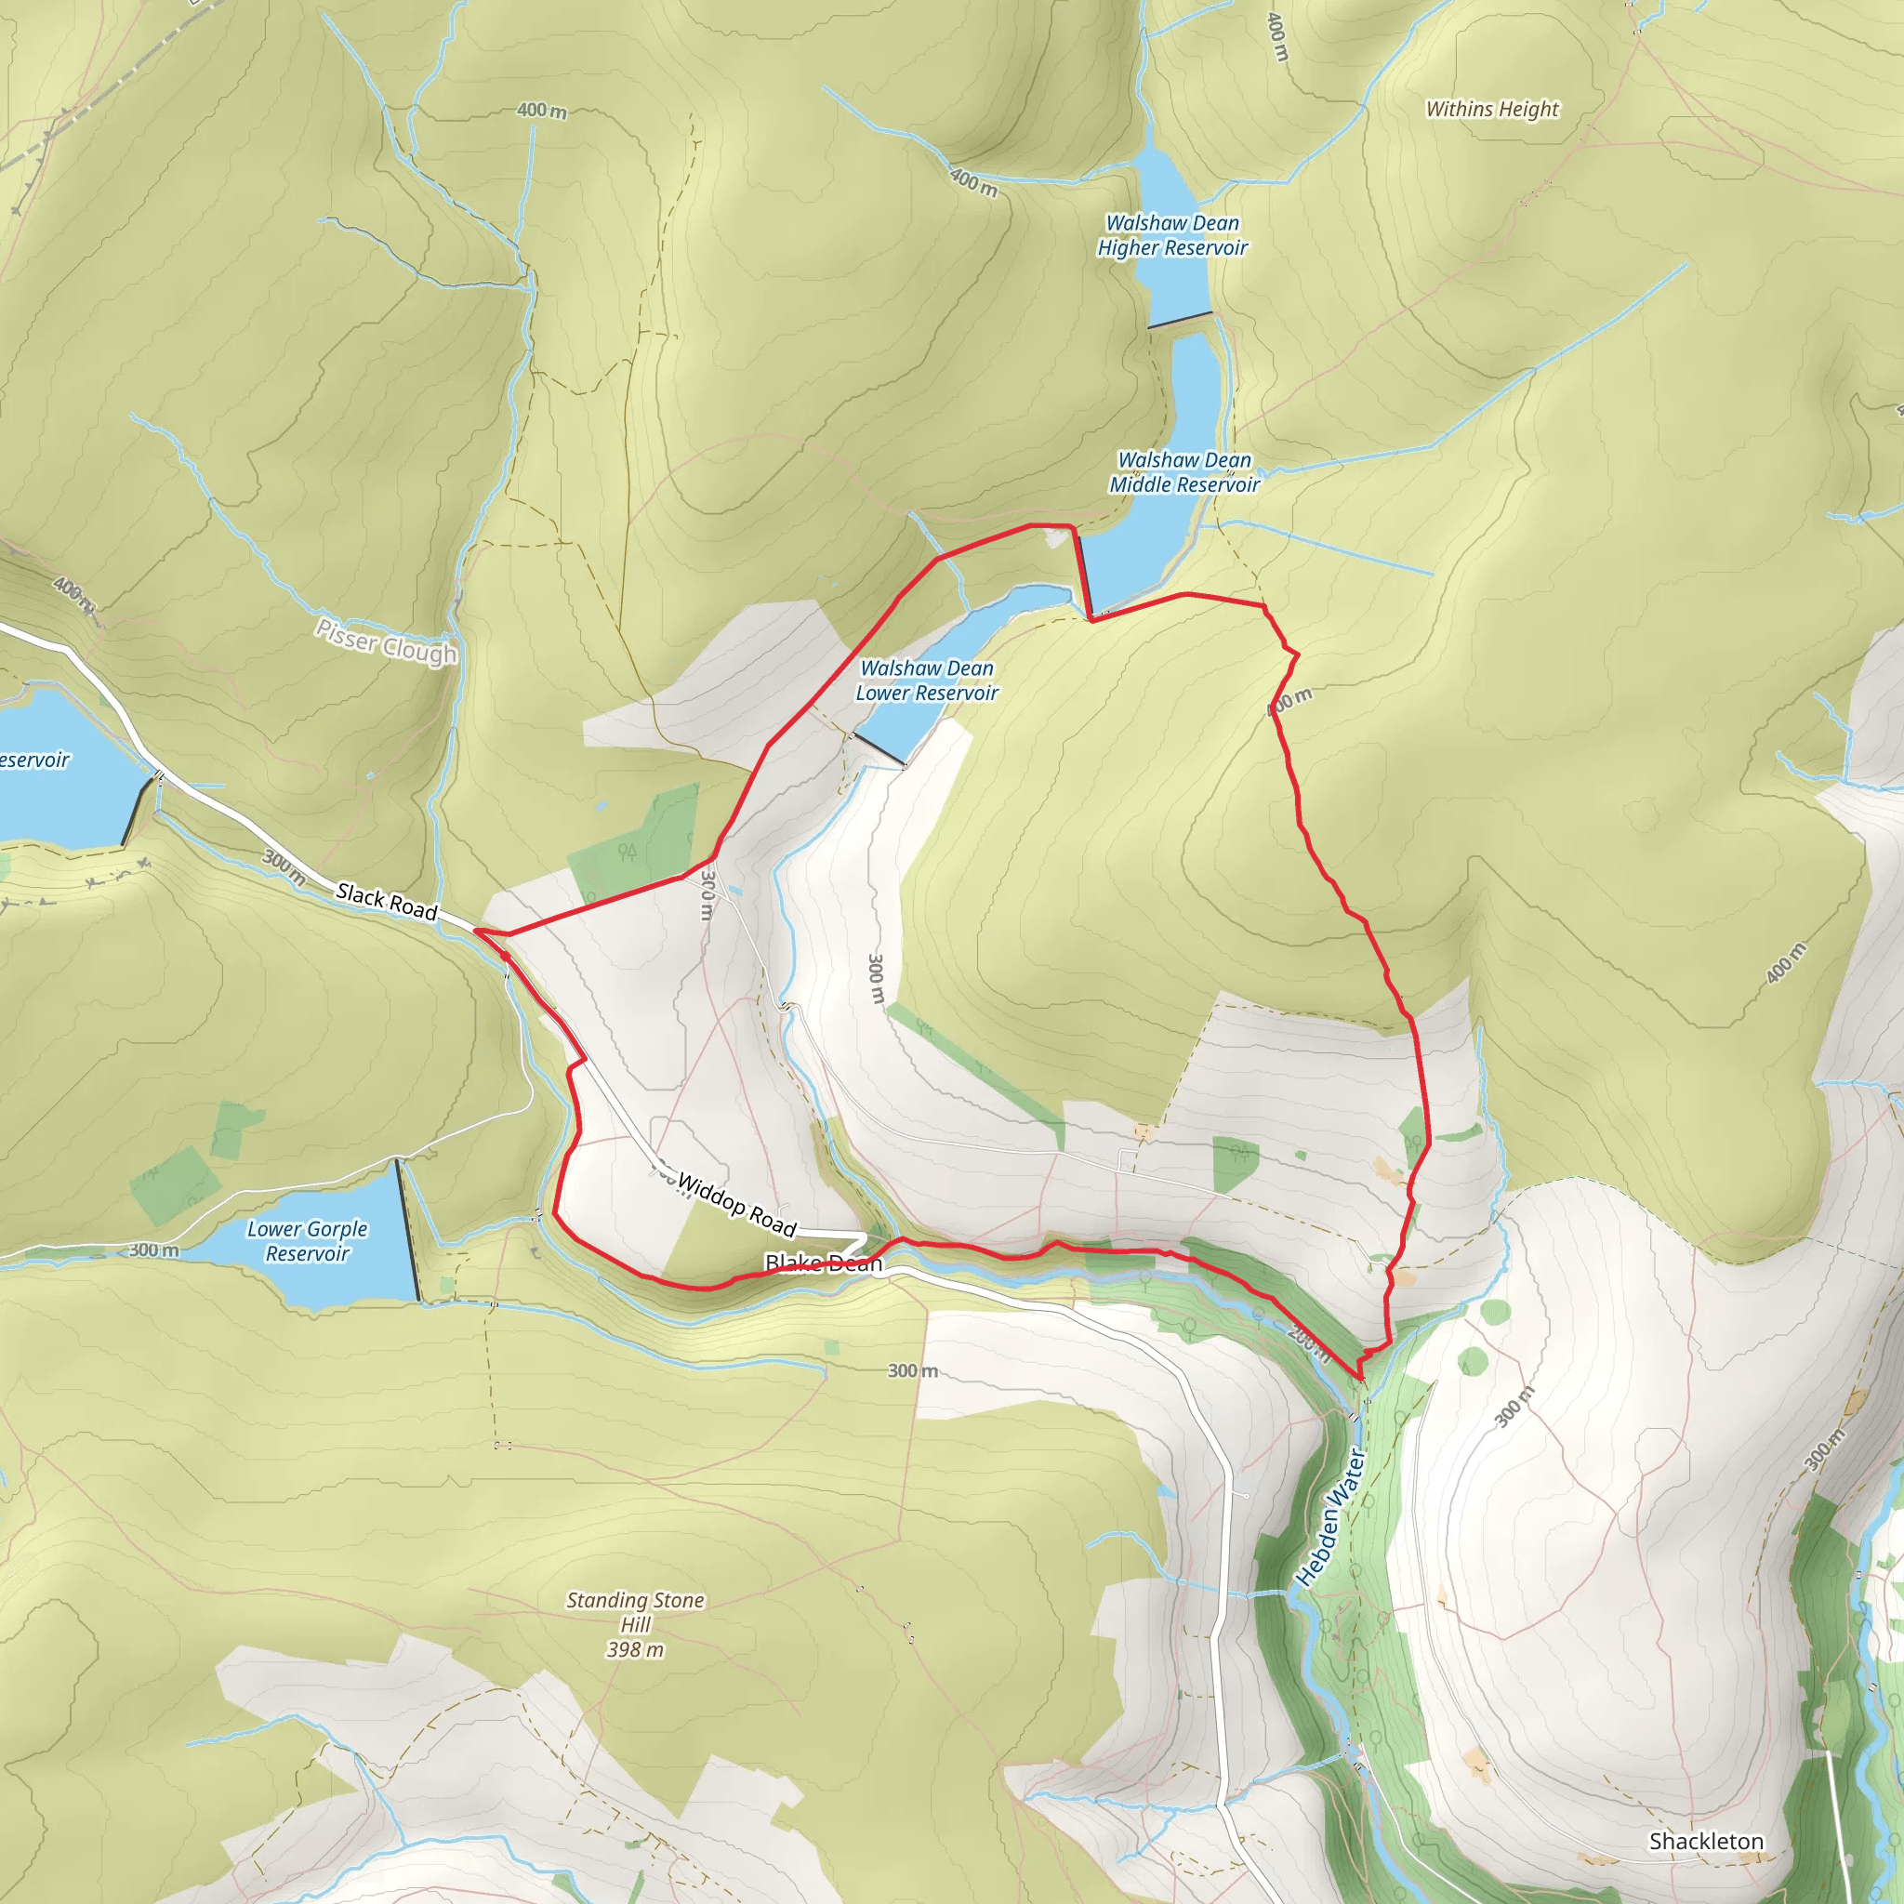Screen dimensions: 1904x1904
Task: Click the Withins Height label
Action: coord(1492,110)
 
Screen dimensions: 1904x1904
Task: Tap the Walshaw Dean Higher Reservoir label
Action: coord(1171,235)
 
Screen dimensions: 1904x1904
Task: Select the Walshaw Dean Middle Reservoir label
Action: coord(1183,472)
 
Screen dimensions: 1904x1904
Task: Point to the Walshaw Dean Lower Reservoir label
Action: coord(926,680)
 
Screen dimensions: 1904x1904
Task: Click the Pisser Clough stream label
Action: coord(387,641)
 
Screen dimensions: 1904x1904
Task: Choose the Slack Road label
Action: coord(387,901)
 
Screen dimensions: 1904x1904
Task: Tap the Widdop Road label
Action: coord(736,1205)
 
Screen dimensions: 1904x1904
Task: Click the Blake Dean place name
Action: coord(823,1263)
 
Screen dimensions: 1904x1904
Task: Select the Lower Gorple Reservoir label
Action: coord(307,1241)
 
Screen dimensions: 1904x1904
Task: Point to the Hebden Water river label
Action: coord(1330,1516)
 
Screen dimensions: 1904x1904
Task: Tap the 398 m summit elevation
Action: coord(635,1650)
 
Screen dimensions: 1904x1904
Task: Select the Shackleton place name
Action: coord(1706,1841)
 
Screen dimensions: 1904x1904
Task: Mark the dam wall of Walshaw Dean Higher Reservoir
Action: coord(1179,321)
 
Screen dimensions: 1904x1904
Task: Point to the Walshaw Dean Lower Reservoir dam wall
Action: coord(878,747)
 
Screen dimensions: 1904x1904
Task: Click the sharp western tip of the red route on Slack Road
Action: coord(476,930)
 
